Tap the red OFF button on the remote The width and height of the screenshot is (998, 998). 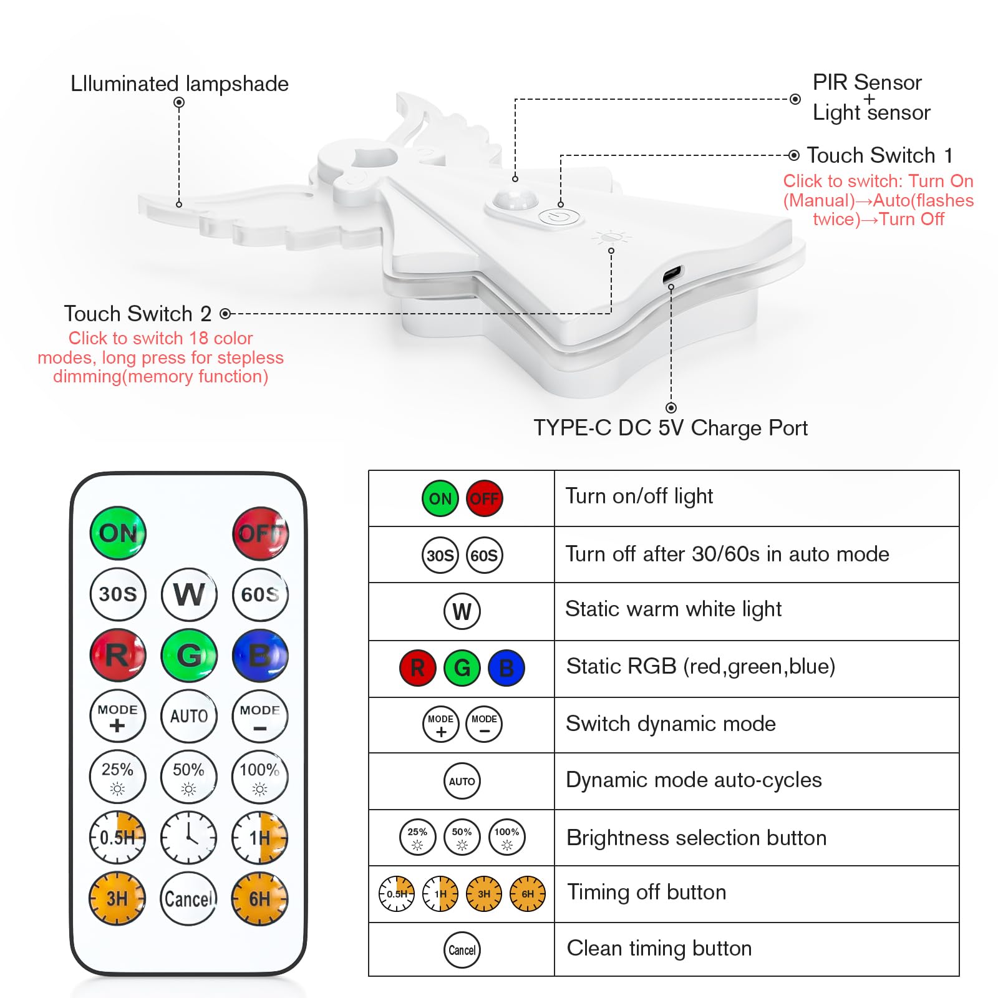[261, 533]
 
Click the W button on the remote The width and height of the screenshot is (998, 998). [189, 594]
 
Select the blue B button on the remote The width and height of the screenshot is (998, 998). [260, 656]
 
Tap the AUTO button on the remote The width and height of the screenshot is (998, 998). [189, 716]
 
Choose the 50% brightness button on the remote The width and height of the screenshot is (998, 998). [189, 777]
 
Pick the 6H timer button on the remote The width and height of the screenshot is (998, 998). [260, 899]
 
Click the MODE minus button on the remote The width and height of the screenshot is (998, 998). [260, 716]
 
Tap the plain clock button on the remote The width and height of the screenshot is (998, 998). [189, 838]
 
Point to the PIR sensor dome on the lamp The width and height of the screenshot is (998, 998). [515, 200]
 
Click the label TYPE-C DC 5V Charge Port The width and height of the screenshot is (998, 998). [670, 428]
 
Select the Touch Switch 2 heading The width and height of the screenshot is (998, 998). [137, 313]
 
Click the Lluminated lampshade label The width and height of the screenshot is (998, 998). [179, 84]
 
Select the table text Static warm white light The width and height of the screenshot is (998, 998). [673, 609]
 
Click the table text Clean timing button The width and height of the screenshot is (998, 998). [659, 948]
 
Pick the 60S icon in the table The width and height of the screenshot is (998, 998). [484, 555]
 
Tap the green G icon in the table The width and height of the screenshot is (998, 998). [462, 668]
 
